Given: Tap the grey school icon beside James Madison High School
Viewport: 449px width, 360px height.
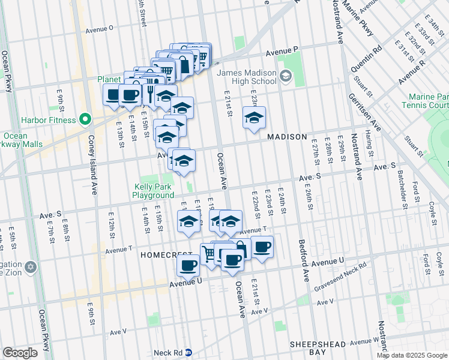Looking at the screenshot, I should (285, 76).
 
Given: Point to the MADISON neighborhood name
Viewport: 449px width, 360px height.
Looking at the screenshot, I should (288, 137).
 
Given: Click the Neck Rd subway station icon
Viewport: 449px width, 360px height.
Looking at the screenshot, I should (188, 353).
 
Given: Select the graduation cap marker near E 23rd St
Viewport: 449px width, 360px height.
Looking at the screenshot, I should (254, 118).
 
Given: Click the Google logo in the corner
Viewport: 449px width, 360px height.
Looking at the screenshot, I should (20, 352).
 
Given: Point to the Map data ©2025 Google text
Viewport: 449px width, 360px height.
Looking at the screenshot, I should (412, 355).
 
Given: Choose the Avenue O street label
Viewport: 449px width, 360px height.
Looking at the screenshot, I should (99, 28).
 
